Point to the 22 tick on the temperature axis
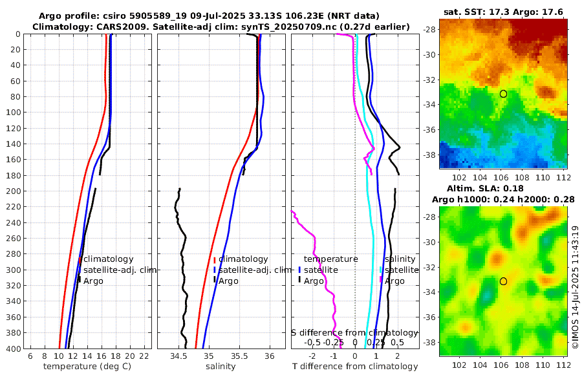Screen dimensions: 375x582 click(x=144, y=356)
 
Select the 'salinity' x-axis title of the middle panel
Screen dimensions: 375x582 click(x=221, y=367)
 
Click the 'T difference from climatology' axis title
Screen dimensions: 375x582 click(x=354, y=367)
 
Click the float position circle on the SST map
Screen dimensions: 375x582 click(x=503, y=94)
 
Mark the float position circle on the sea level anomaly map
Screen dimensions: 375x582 click(x=503, y=281)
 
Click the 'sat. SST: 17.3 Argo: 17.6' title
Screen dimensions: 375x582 click(x=502, y=12)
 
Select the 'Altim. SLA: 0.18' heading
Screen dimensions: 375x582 click(x=502, y=187)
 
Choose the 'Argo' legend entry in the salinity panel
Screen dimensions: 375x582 click(x=228, y=281)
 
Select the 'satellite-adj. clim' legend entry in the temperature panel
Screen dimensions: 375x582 click(x=120, y=270)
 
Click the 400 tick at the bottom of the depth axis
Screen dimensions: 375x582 click(x=13, y=348)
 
